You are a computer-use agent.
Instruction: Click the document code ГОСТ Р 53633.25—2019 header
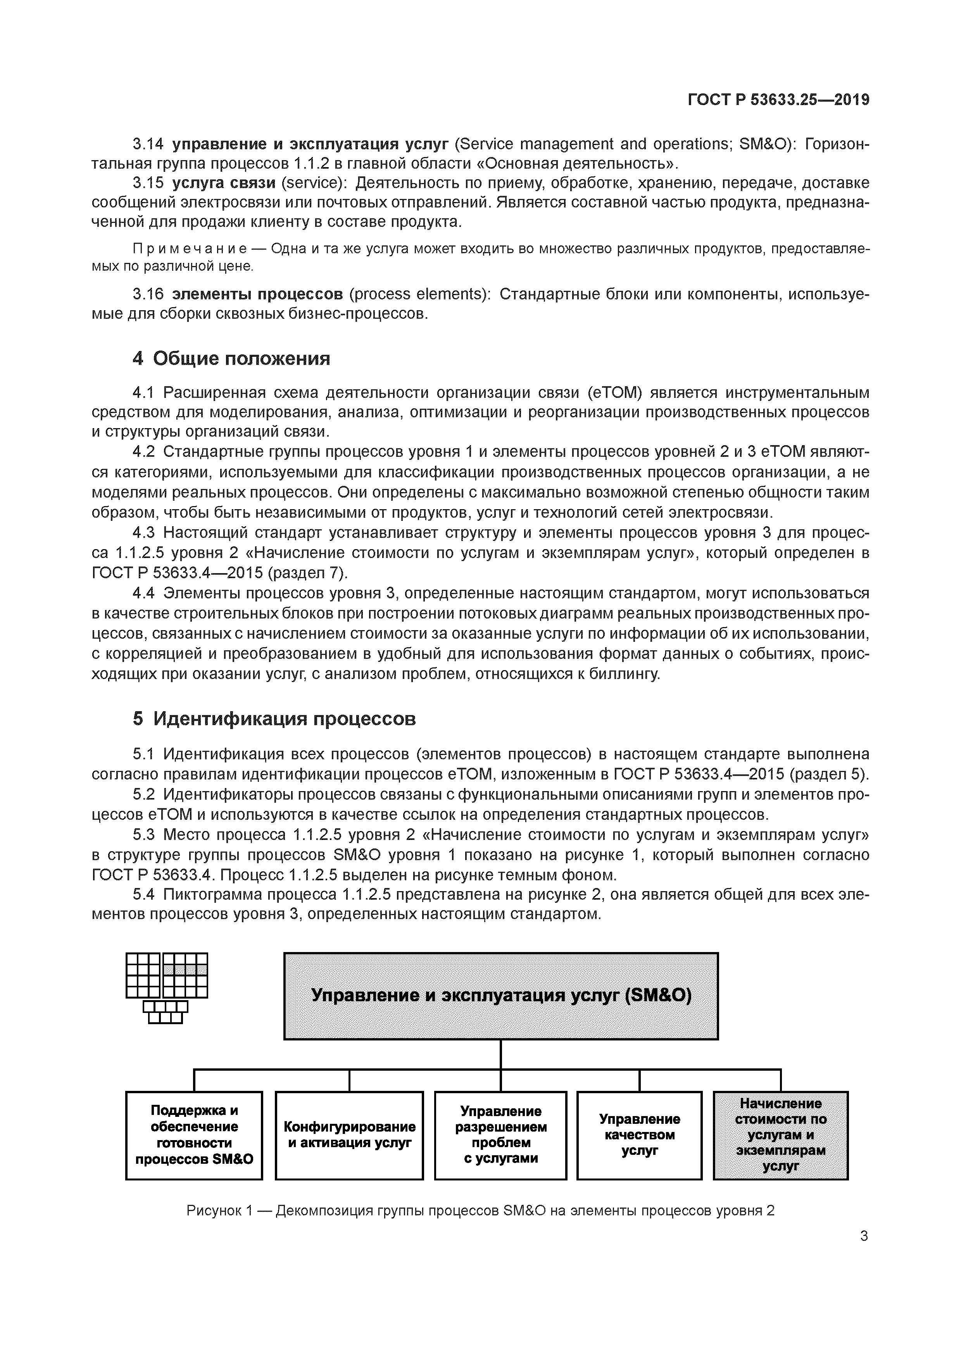778,100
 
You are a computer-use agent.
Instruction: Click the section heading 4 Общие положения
231,358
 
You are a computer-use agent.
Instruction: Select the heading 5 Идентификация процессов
274,719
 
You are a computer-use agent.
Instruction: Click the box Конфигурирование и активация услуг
349,1135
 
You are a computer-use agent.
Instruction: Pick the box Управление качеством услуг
640,1135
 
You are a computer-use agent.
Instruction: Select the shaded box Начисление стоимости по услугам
780,1135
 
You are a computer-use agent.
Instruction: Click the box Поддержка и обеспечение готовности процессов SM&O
194,1135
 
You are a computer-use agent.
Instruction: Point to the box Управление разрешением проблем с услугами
501,1135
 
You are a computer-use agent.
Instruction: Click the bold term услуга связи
224,183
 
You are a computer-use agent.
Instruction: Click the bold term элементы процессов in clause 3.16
257,294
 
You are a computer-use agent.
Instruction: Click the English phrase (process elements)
419,294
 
